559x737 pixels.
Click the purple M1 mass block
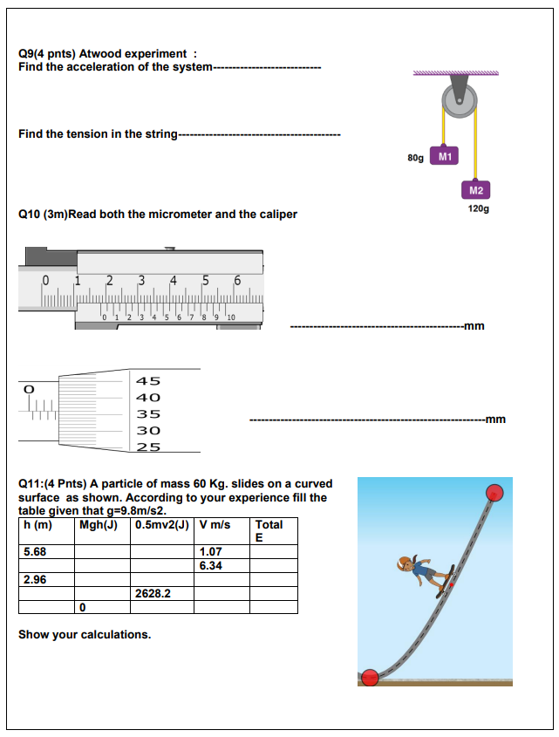(445, 157)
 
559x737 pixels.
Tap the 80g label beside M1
(415, 158)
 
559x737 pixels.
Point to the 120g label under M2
(478, 209)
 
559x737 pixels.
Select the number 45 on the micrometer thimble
(148, 381)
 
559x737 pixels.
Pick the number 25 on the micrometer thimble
(148, 447)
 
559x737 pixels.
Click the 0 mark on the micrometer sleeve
(30, 387)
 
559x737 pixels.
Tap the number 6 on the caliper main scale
(236, 281)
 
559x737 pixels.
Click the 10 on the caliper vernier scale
(230, 317)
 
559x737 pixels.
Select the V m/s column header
(215, 525)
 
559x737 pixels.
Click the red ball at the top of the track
(494, 492)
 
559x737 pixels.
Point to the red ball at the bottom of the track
(370, 677)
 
